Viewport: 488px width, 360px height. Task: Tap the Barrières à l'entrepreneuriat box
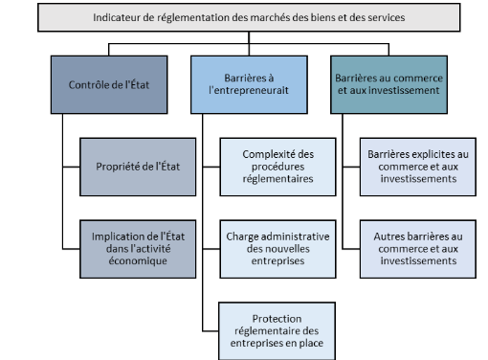(x=244, y=85)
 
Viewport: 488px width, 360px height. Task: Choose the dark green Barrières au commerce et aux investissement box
(x=386, y=85)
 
